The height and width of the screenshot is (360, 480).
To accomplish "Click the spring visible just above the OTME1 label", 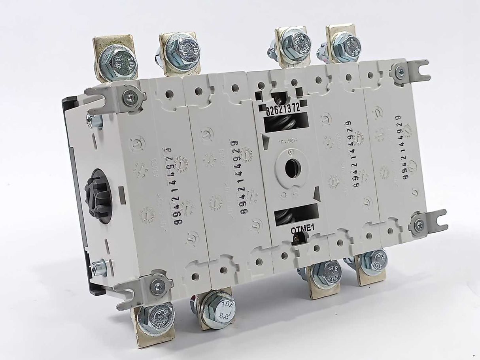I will coord(291,216).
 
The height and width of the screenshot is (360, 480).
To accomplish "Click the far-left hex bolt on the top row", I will coord(118,63).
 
